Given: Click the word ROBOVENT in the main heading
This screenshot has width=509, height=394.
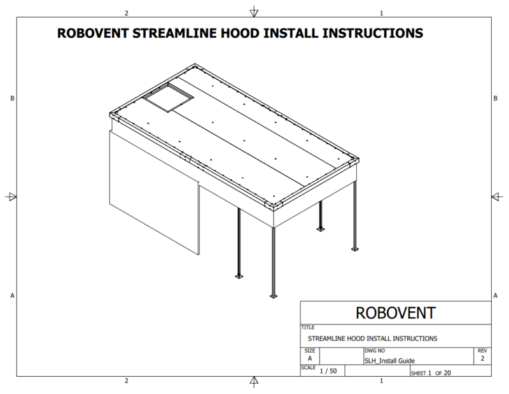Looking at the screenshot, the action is (x=93, y=33).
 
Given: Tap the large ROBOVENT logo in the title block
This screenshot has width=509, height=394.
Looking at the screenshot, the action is (x=395, y=313).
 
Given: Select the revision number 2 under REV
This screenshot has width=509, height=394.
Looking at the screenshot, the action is (x=482, y=358).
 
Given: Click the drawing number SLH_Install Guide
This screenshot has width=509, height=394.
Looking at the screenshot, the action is (x=389, y=360).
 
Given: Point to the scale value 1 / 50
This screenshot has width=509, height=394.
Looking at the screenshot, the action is (x=328, y=371).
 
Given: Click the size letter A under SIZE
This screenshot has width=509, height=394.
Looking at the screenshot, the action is (x=310, y=358).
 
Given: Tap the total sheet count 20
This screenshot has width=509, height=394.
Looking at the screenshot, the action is (x=447, y=373).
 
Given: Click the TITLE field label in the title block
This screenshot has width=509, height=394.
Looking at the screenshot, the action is (x=308, y=327).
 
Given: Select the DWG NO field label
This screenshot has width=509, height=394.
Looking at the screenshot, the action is (x=375, y=351).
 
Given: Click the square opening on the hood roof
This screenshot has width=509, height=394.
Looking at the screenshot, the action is (x=168, y=97).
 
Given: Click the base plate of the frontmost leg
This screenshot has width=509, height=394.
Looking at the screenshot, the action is (x=274, y=296).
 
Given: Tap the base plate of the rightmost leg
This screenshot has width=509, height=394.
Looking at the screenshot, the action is (x=355, y=249).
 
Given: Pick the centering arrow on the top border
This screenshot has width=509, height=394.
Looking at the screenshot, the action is (x=254, y=11).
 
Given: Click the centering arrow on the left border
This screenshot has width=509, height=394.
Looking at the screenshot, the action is (x=11, y=197).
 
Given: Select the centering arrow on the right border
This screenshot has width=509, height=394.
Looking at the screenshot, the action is (x=498, y=197).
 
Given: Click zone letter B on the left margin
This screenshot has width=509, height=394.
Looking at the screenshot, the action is (x=12, y=98).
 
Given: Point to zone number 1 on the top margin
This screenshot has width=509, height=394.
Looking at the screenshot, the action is (x=381, y=13).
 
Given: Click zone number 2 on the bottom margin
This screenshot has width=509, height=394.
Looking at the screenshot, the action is (x=127, y=381).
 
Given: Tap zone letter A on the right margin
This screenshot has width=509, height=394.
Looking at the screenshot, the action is (x=496, y=295).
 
